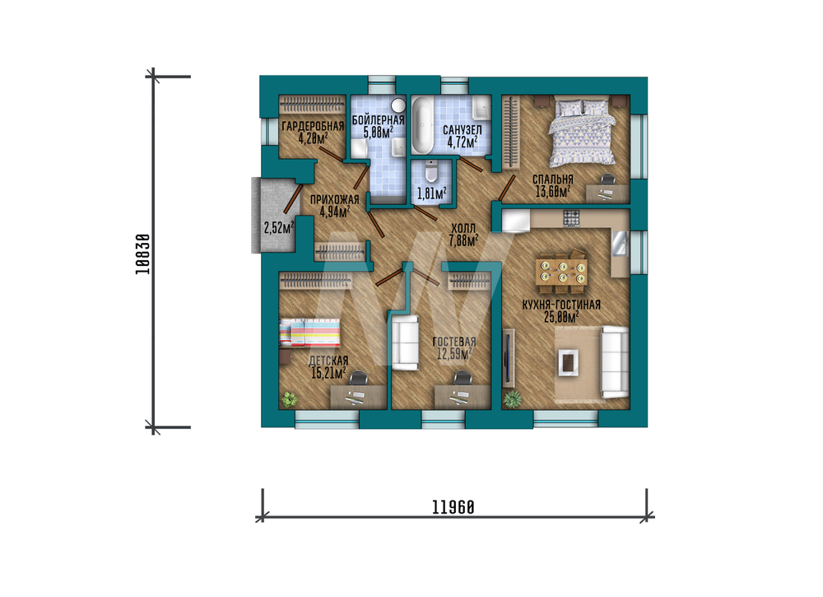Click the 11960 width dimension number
point(453,507)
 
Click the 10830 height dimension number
point(142,254)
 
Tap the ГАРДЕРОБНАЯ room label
point(313,126)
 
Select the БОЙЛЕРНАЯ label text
point(378,119)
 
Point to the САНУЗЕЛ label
point(462,129)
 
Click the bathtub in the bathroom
point(422,125)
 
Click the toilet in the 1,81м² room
point(431,170)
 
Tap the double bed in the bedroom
point(582,132)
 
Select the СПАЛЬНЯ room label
point(553,179)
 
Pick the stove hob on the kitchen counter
point(571,218)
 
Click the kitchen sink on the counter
point(620,244)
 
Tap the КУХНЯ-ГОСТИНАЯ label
point(561,305)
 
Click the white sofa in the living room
point(614,361)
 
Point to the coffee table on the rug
point(567,362)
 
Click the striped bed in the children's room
point(309,333)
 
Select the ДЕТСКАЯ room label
point(328,361)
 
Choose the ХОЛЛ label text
point(463,228)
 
